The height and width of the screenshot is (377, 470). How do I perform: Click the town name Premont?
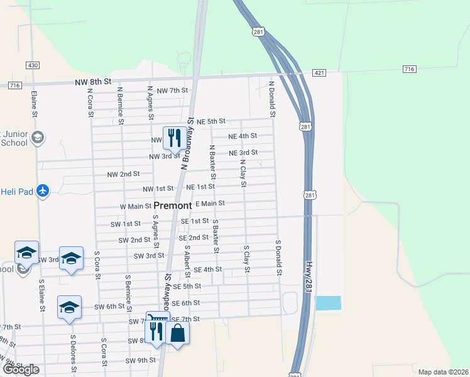(x=173, y=205)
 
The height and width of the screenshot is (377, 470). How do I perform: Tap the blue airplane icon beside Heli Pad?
(x=43, y=190)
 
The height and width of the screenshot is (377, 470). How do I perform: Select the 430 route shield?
(x=33, y=65)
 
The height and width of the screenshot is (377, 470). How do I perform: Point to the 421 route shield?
(x=320, y=74)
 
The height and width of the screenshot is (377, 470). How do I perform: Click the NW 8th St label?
(x=92, y=82)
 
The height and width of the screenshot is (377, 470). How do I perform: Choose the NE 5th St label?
(x=210, y=121)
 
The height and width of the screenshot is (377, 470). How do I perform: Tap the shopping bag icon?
(x=178, y=333)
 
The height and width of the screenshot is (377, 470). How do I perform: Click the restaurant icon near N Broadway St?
(x=173, y=137)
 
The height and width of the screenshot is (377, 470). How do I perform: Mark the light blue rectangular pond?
(x=327, y=303)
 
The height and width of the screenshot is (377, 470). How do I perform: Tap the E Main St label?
(x=210, y=203)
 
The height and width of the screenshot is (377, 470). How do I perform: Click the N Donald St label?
(x=273, y=99)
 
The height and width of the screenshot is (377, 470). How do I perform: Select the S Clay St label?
(x=247, y=260)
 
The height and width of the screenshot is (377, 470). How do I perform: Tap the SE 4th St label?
(x=208, y=270)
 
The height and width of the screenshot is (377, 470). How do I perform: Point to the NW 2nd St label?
(x=123, y=173)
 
